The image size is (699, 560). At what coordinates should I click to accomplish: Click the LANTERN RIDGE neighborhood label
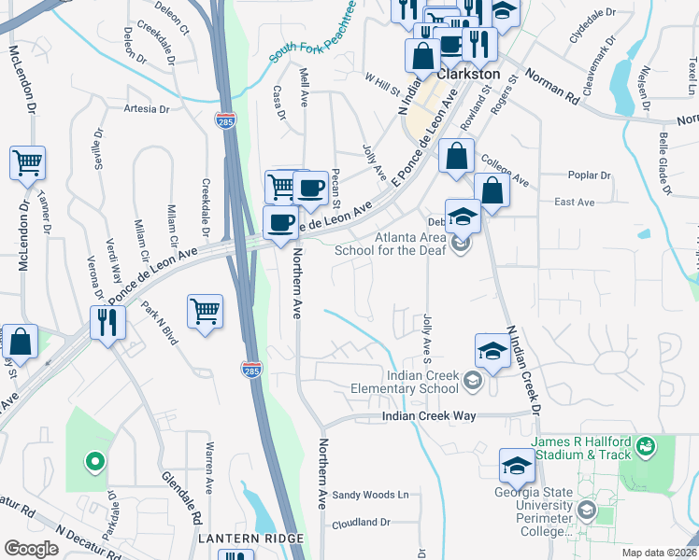tap(250, 539)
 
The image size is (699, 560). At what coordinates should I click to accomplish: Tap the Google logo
tap(31, 549)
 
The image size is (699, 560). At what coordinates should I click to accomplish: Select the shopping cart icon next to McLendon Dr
tap(27, 162)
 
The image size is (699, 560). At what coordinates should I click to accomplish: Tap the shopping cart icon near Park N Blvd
tap(205, 311)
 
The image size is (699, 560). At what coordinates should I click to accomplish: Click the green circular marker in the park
tap(93, 460)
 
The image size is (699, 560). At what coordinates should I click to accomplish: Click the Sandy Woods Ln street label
tap(371, 495)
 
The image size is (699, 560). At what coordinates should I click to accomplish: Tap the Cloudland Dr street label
tap(360, 523)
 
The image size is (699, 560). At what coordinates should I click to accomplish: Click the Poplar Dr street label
tap(589, 175)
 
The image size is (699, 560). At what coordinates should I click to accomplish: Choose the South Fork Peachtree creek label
tap(313, 35)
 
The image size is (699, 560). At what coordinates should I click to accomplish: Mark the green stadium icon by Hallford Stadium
tap(646, 450)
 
